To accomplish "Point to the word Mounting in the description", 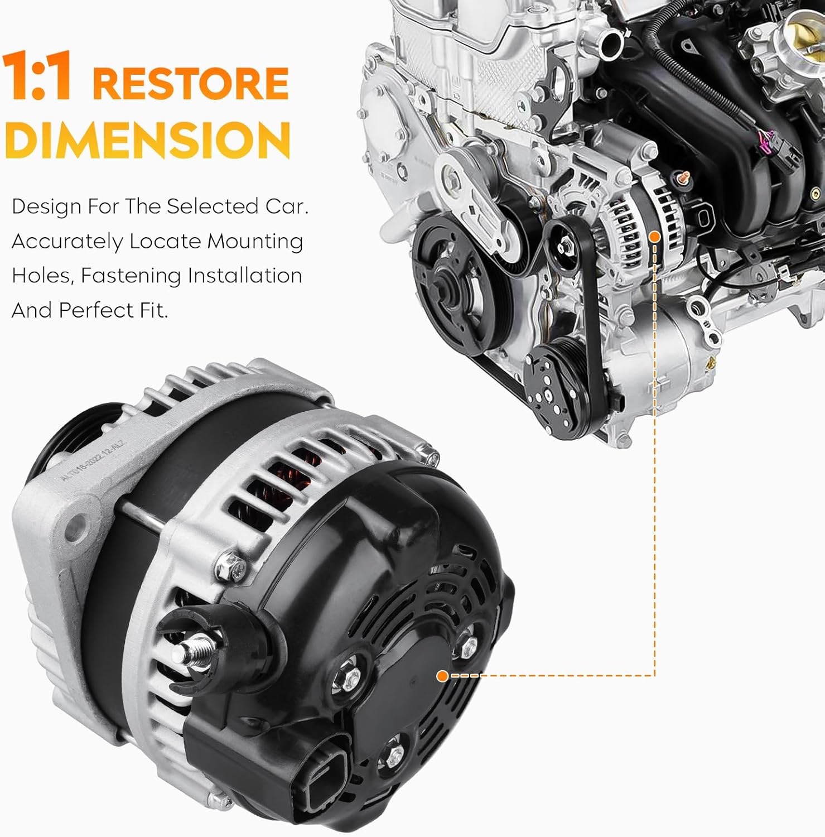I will (255, 242).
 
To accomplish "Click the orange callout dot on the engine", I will (655, 237).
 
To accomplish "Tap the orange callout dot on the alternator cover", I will (442, 676).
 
